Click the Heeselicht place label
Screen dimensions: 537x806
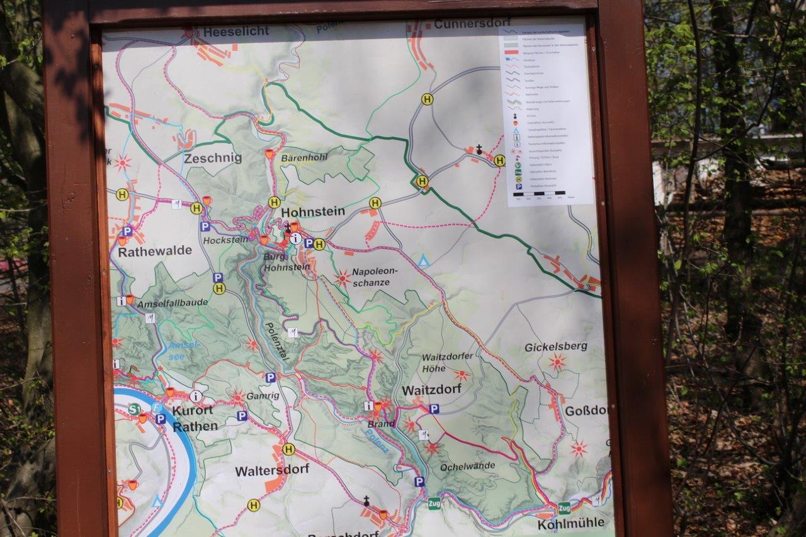pyautogui.click(x=236, y=31)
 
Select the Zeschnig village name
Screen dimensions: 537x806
pyautogui.click(x=213, y=158)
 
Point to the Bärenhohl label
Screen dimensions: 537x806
pyautogui.click(x=304, y=157)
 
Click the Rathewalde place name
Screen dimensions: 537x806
pyautogui.click(x=155, y=251)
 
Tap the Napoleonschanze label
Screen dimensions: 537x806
pyautogui.click(x=375, y=277)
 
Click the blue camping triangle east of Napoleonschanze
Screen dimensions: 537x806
pyautogui.click(x=424, y=260)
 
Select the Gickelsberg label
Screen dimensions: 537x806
pyautogui.click(x=556, y=346)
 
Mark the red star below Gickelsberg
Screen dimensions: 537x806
pyautogui.click(x=557, y=362)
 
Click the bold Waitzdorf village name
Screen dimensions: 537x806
pyautogui.click(x=431, y=390)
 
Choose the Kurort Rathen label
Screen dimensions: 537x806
pyautogui.click(x=194, y=418)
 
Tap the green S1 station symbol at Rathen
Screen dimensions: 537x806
pyautogui.click(x=134, y=409)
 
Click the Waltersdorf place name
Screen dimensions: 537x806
pyautogui.click(x=272, y=470)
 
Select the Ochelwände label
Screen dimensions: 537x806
pyautogui.click(x=467, y=466)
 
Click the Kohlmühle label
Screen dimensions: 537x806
pyautogui.click(x=570, y=523)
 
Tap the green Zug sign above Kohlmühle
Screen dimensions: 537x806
pyautogui.click(x=564, y=507)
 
